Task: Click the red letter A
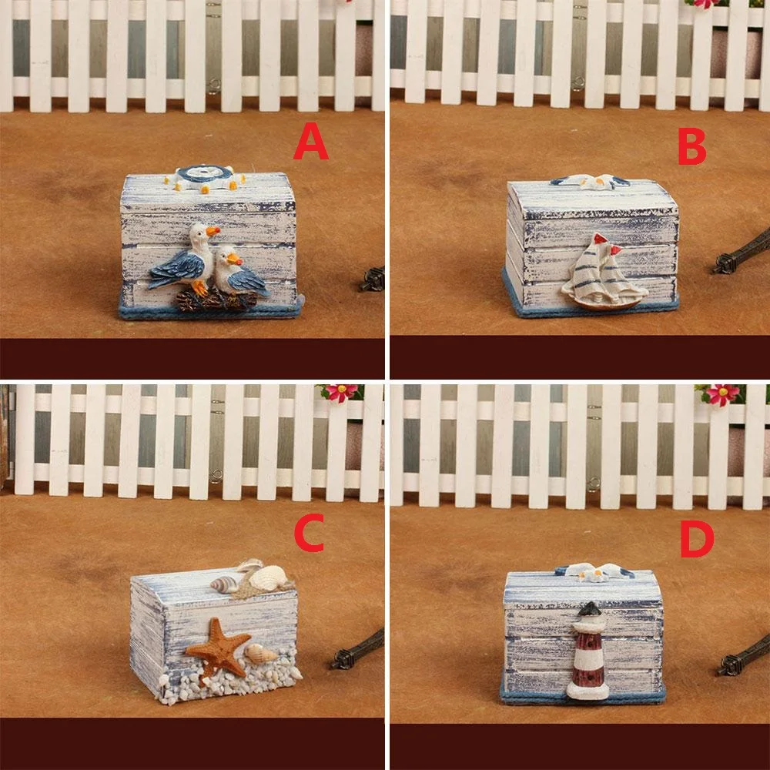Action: (x=311, y=142)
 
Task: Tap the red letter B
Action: (x=691, y=147)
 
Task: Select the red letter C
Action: (x=310, y=532)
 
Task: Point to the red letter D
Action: (x=697, y=540)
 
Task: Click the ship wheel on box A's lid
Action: (x=206, y=177)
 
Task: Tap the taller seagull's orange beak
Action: (x=213, y=230)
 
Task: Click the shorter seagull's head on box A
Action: (x=227, y=256)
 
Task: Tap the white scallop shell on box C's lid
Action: (x=268, y=577)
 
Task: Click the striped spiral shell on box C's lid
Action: (x=224, y=585)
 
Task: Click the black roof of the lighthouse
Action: (x=589, y=609)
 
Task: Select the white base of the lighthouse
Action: (x=588, y=690)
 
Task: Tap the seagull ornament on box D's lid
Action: (x=594, y=573)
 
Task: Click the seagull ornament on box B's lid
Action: (x=590, y=182)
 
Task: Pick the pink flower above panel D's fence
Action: (x=721, y=394)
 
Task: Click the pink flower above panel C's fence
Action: (x=340, y=393)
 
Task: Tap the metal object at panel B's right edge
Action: (x=742, y=253)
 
